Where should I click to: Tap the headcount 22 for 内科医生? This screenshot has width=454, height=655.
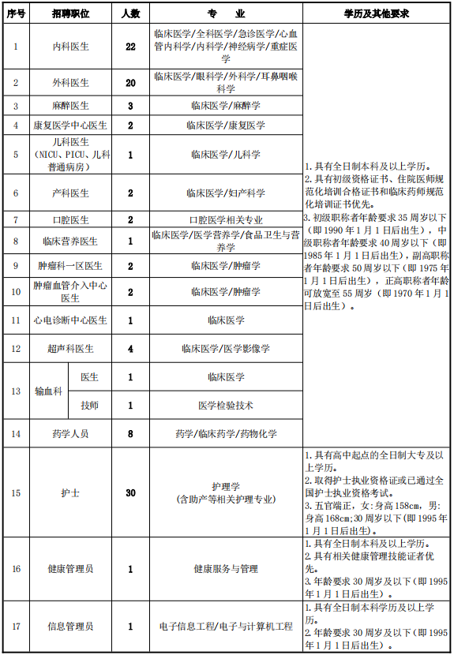[x=130, y=47]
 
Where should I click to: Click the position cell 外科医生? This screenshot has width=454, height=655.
[x=69, y=82]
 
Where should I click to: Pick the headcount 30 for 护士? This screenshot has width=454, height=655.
[x=130, y=492]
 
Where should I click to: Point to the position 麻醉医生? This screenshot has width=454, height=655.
[x=69, y=105]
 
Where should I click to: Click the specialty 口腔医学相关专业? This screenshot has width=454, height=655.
[x=225, y=219]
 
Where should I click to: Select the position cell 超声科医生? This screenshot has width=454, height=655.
[x=69, y=348]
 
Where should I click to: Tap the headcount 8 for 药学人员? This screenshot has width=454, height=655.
[x=130, y=433]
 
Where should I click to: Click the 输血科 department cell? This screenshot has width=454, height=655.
[x=47, y=391]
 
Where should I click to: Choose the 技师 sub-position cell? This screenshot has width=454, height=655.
[x=89, y=406]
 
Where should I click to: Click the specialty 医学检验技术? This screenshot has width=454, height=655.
[x=225, y=406]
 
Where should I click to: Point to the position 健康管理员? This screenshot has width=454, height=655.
[x=69, y=568]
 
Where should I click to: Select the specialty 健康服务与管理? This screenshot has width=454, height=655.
[x=225, y=568]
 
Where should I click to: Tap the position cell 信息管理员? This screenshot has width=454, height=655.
[x=69, y=627]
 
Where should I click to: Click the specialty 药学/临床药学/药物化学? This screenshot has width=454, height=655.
[x=225, y=433]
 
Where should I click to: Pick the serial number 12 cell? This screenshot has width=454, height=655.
[x=15, y=348]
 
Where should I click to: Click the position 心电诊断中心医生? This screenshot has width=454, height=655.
[x=69, y=320]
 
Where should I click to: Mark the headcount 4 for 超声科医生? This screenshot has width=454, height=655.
[x=130, y=348]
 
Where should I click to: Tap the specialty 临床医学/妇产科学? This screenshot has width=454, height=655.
[x=225, y=193]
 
